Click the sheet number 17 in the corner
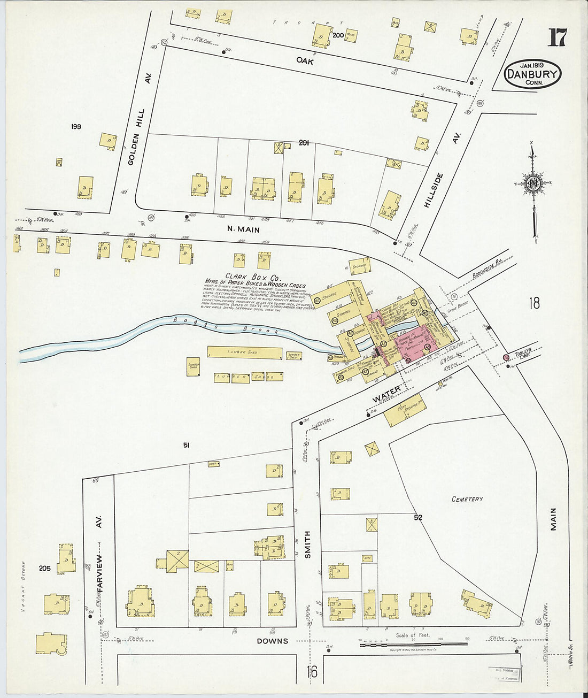click(557, 38)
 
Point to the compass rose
click(533, 183)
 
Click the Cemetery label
click(467, 499)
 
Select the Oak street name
click(305, 61)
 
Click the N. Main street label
click(243, 229)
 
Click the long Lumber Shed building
click(244, 352)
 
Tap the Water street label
click(386, 395)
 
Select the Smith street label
click(307, 545)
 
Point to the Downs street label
click(272, 641)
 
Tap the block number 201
click(304, 143)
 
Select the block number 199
click(75, 127)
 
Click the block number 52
click(418, 517)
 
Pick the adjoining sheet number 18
click(534, 303)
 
